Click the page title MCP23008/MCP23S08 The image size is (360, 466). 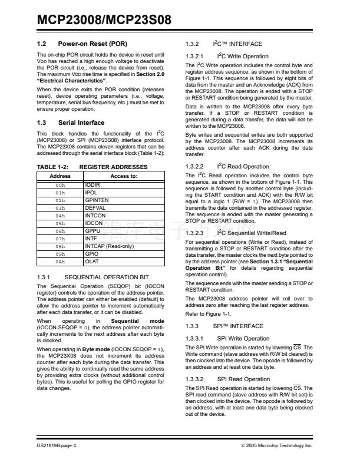[x=104, y=20]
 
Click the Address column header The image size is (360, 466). [x=60, y=176]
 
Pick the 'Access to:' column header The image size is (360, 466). [x=124, y=176]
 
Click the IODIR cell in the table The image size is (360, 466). [x=93, y=184]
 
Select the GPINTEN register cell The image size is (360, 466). [x=97, y=200]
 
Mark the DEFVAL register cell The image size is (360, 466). [x=95, y=208]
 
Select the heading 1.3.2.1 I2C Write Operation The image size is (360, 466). [x=227, y=57]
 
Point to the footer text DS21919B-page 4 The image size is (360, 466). [x=56, y=446]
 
